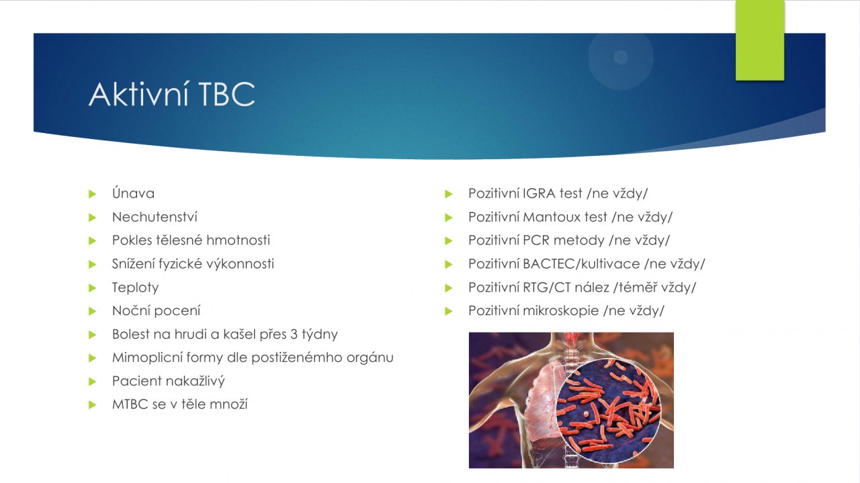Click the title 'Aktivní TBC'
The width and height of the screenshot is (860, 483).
pos(171,94)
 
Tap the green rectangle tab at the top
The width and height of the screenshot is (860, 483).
pos(760,40)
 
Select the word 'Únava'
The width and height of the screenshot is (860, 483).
pos(133,193)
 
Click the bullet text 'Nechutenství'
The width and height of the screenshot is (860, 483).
pos(155,217)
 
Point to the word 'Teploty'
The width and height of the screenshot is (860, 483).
pos(135,288)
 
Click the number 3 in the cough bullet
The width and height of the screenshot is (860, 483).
pos(294,334)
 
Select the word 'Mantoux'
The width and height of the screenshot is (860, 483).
pos(552,217)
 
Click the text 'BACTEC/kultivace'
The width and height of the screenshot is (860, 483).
pos(581,264)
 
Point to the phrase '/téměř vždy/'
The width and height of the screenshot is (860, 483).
pos(654,288)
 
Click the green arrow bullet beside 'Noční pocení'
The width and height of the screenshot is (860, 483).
pos(92,311)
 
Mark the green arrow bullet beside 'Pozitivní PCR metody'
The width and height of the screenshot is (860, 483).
pos(448,240)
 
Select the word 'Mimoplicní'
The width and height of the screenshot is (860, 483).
pos(147,358)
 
